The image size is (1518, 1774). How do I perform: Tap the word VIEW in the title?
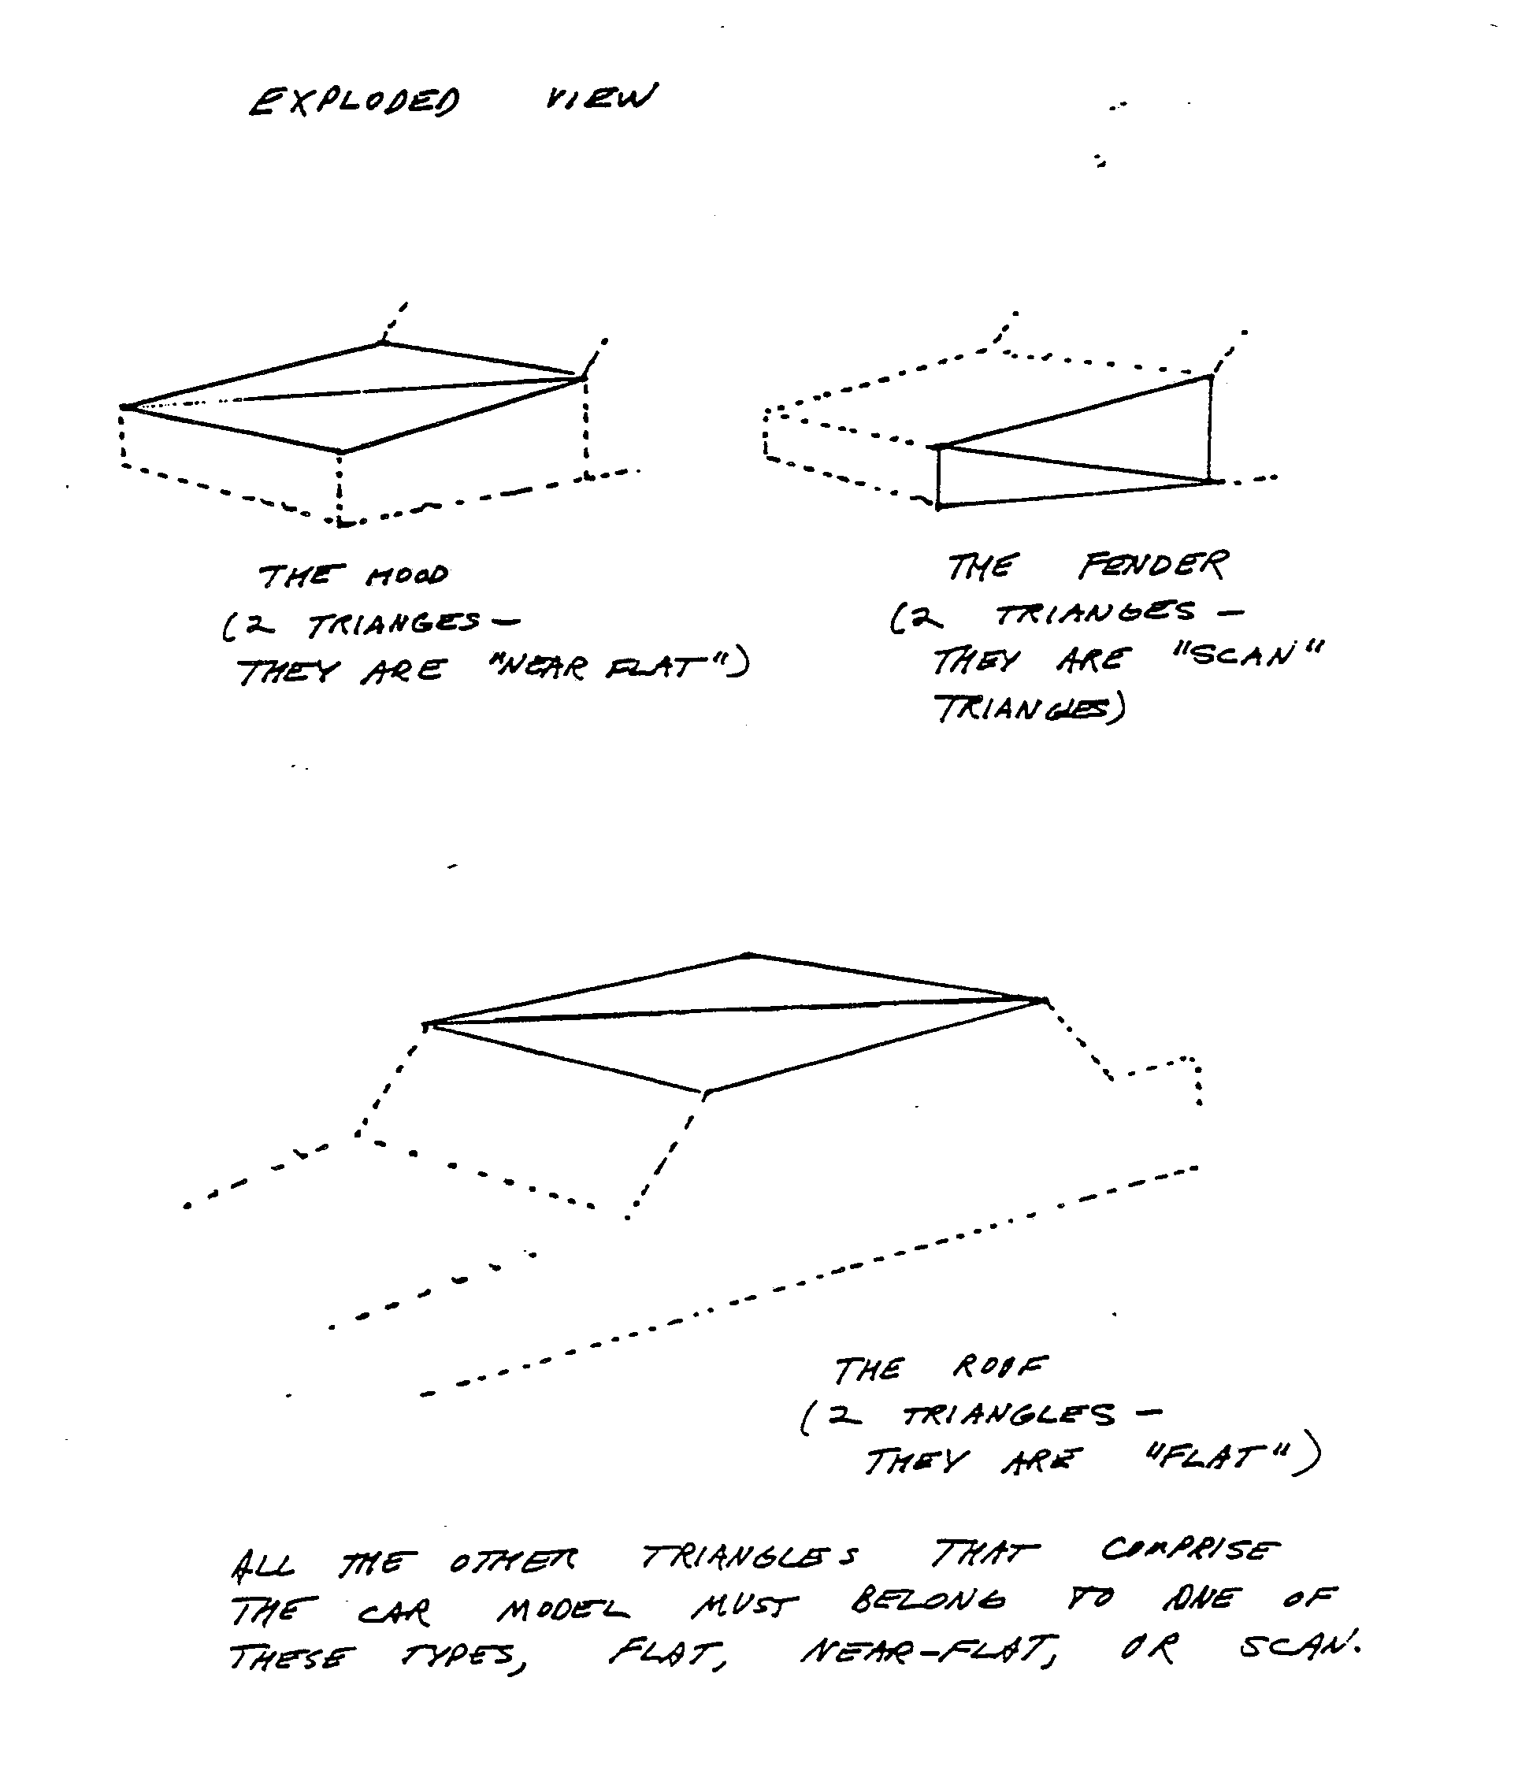coord(600,97)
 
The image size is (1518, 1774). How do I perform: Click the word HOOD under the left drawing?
coord(407,575)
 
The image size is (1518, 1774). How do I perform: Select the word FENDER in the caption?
coord(1152,565)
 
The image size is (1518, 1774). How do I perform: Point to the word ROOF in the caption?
coord(999,1368)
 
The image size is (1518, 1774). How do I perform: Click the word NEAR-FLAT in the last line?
coord(928,1650)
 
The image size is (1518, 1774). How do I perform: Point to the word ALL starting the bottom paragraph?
coord(262,1565)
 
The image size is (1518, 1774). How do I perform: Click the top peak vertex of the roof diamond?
coord(748,954)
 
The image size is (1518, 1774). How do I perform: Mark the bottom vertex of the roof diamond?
coord(704,1093)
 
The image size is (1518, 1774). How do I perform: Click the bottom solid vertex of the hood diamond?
coord(341,451)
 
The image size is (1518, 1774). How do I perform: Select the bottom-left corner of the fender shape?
coord(939,507)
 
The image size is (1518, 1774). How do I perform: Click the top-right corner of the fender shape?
coord(1210,376)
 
